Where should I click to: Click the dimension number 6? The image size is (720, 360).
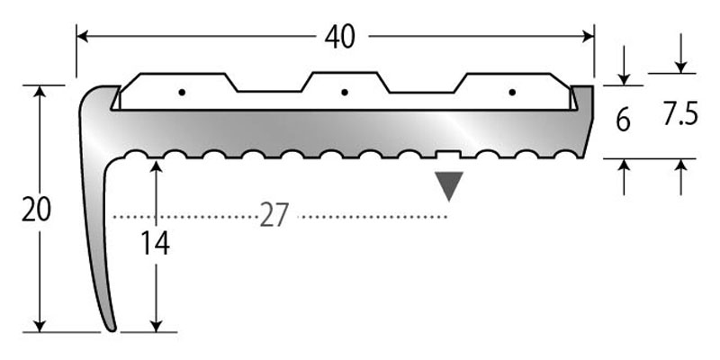click(x=623, y=120)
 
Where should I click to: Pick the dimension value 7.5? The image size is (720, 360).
click(x=679, y=115)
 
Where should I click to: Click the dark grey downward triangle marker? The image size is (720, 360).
click(x=448, y=185)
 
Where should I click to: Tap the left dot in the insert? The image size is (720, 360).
click(x=182, y=92)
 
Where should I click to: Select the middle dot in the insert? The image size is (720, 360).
click(x=345, y=92)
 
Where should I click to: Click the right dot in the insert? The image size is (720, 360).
click(x=511, y=92)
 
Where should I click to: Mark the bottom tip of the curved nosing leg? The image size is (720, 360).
click(x=111, y=328)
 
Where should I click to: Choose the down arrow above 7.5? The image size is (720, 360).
click(x=681, y=66)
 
